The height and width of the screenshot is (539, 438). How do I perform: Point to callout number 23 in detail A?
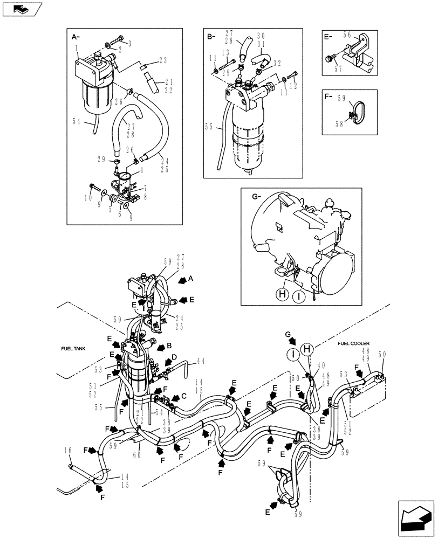pos(162,61)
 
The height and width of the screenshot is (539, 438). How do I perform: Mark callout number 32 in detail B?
pos(277,63)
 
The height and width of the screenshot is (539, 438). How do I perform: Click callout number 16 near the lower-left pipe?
pos(68,450)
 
